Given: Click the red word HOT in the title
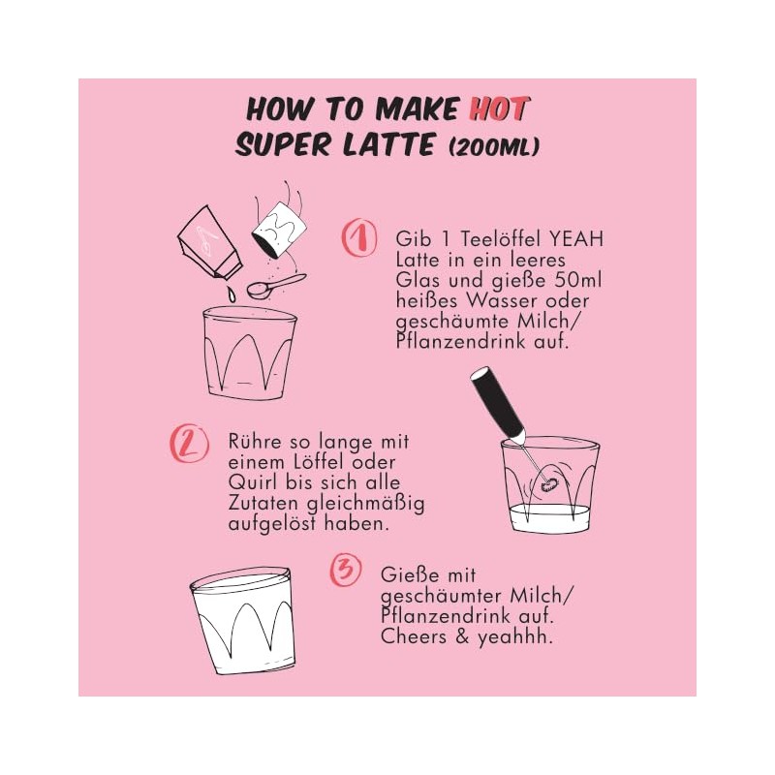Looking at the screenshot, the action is tap(500, 108).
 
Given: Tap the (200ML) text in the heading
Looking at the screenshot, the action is tap(494, 146).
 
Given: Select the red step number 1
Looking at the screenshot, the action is tap(358, 237).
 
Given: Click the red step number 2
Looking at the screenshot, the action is tap(189, 443).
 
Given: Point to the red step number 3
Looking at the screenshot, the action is tap(346, 572).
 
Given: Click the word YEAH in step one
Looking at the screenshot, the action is tap(576, 239).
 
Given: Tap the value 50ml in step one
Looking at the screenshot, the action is tap(578, 280).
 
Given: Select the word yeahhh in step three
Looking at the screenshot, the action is tap(514, 637).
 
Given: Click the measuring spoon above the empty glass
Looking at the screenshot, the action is tap(276, 286).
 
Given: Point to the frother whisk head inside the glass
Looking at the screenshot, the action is tap(547, 484).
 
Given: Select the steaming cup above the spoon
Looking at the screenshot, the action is tap(279, 229).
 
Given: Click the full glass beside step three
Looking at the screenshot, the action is tap(243, 621).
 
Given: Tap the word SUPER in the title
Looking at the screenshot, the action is tap(283, 144).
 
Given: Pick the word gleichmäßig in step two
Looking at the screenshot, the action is tap(366, 504).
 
